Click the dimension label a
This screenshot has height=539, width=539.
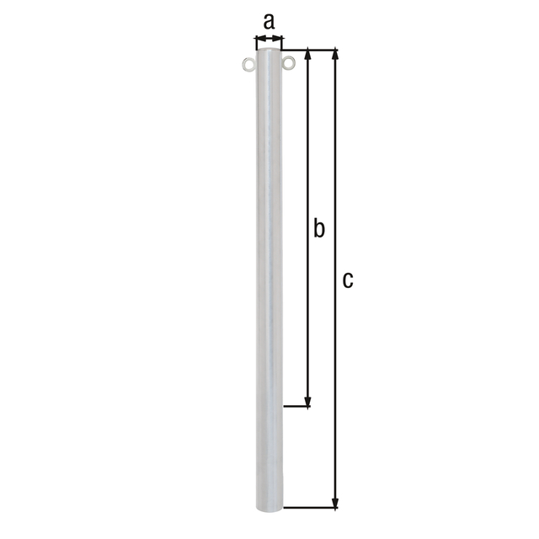point(269,21)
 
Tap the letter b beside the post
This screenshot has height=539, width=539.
point(318,227)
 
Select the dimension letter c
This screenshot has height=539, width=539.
point(347,280)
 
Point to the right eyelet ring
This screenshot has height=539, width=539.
point(290,63)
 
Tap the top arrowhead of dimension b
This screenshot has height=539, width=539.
point(308,56)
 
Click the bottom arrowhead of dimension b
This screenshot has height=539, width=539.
point(308,402)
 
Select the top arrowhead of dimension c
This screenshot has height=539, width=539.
point(336,56)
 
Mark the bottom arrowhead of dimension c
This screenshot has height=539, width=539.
point(336,503)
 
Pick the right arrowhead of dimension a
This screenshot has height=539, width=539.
point(280,38)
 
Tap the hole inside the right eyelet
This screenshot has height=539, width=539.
point(290,63)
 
